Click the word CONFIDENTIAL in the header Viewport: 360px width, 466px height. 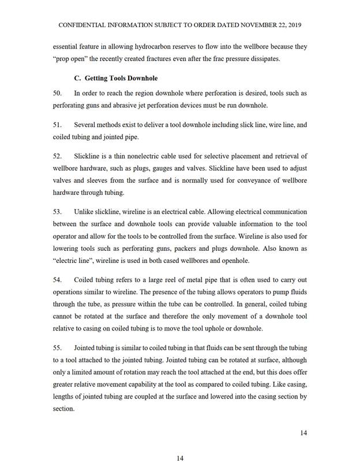click(81, 25)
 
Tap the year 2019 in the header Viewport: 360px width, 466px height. click(293, 25)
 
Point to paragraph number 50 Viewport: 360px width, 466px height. click(57, 93)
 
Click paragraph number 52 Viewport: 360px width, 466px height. click(57, 156)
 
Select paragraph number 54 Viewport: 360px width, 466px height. click(57, 280)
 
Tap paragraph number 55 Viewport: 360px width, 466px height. click(57, 348)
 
